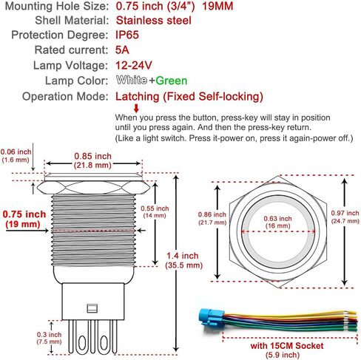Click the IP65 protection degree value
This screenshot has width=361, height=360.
click(127, 35)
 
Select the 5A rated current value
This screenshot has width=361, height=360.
click(122, 50)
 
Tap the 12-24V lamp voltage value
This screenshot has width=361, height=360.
click(134, 65)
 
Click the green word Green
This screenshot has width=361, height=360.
click(172, 81)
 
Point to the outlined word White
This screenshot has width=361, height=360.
click(132, 81)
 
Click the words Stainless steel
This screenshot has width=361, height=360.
click(154, 20)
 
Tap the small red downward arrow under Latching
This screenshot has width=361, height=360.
click(136, 108)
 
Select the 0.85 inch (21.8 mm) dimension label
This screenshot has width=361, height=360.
click(92, 160)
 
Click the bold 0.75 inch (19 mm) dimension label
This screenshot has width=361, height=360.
click(24, 219)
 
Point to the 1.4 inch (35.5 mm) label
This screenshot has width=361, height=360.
click(183, 260)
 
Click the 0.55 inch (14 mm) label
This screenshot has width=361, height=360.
click(155, 212)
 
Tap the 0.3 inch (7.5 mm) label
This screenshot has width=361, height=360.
click(49, 338)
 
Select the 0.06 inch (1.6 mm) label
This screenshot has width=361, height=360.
click(16, 156)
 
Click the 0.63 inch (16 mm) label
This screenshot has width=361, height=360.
click(277, 222)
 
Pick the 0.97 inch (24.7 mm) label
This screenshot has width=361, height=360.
click(345, 217)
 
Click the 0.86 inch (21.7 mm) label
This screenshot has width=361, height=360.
click(212, 218)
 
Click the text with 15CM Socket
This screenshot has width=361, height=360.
click(287, 346)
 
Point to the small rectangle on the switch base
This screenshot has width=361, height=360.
click(92, 308)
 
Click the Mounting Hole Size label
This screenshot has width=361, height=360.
click(57, 6)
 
